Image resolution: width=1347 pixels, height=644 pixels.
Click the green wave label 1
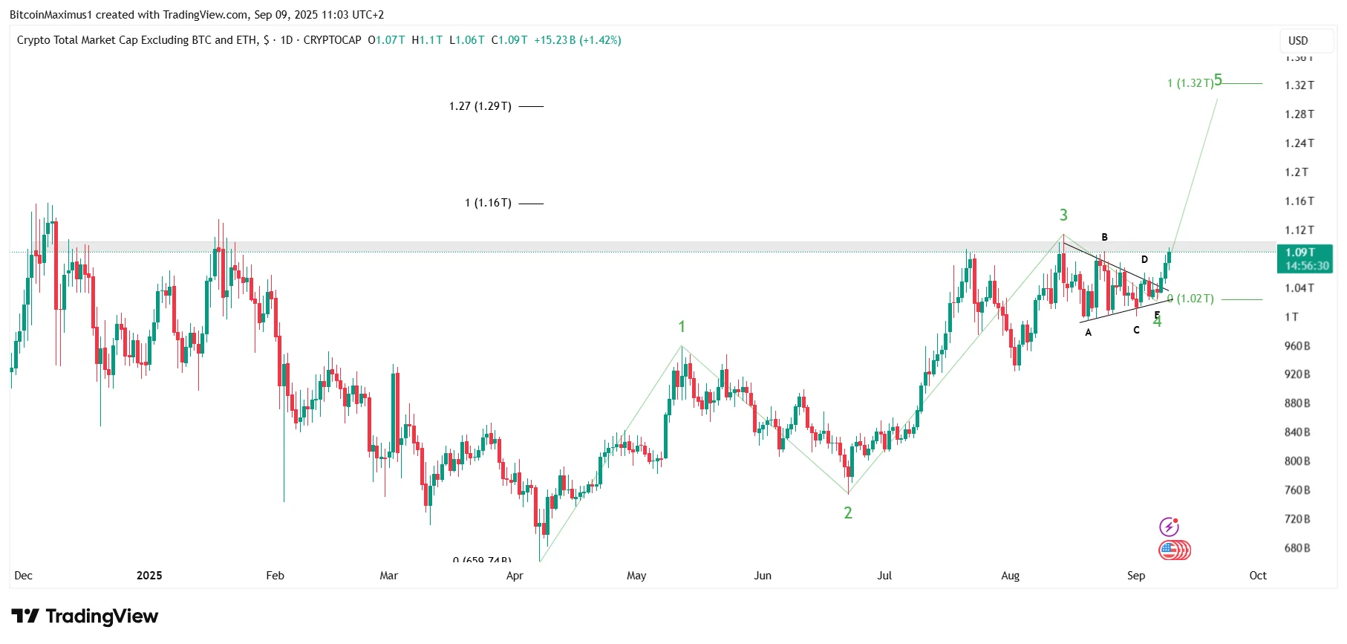[682, 327]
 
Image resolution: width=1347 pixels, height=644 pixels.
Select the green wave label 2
[848, 513]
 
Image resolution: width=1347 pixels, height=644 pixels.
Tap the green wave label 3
[1063, 215]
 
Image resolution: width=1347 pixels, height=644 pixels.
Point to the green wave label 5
[1218, 80]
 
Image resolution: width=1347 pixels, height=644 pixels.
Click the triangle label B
[1104, 237]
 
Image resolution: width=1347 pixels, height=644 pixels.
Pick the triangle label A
[1089, 333]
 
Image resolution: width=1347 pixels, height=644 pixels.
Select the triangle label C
[1136, 330]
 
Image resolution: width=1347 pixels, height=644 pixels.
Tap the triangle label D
[1144, 259]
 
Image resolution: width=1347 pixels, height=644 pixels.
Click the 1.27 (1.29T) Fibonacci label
[480, 106]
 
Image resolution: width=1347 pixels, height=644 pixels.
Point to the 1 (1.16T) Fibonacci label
[488, 203]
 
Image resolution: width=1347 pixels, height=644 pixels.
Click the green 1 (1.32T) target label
[1190, 83]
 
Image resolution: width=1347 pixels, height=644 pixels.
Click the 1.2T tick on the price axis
[1297, 172]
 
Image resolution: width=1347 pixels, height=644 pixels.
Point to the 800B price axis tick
[1297, 461]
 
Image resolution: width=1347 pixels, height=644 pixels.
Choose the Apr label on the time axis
[515, 576]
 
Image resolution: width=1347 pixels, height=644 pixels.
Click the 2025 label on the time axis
[149, 576]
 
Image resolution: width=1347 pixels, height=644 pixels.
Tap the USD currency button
[1298, 41]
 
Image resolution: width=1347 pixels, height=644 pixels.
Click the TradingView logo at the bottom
[85, 617]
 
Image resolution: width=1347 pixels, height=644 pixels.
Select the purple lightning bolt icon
[1169, 527]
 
